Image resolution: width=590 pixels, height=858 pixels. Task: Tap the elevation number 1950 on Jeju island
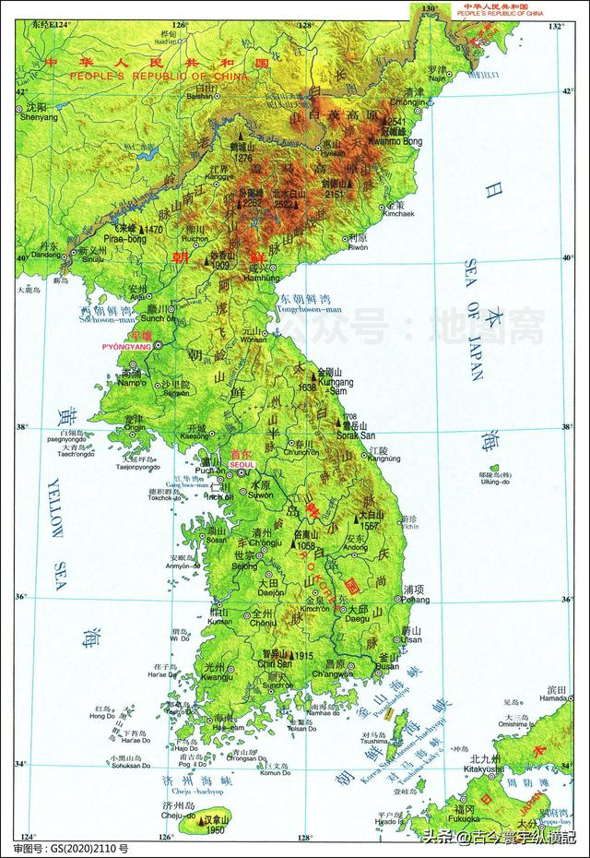tap(217, 830)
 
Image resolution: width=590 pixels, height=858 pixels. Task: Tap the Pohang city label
tap(414, 599)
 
